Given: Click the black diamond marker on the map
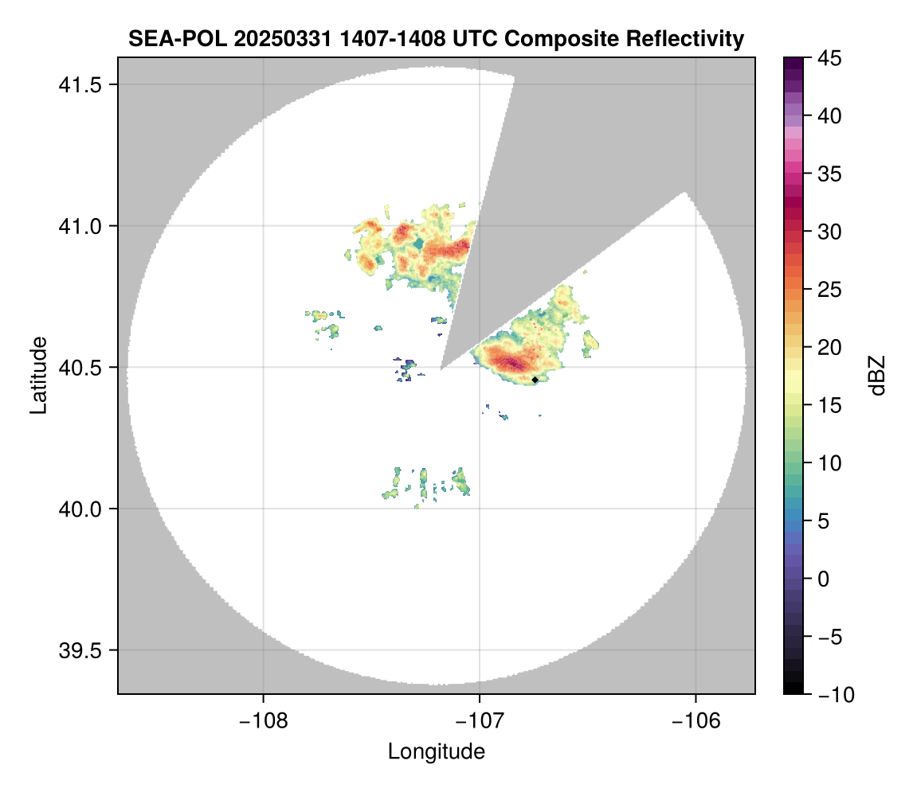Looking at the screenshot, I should click(x=535, y=380).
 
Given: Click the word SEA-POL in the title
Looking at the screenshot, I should click(x=166, y=38).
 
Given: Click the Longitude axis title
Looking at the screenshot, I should click(x=437, y=751).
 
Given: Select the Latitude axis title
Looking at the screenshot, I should click(x=38, y=375).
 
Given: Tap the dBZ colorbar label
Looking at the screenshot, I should click(x=877, y=376).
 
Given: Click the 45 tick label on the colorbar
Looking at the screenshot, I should click(x=830, y=58).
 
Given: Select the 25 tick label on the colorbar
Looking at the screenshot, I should click(x=830, y=290).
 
